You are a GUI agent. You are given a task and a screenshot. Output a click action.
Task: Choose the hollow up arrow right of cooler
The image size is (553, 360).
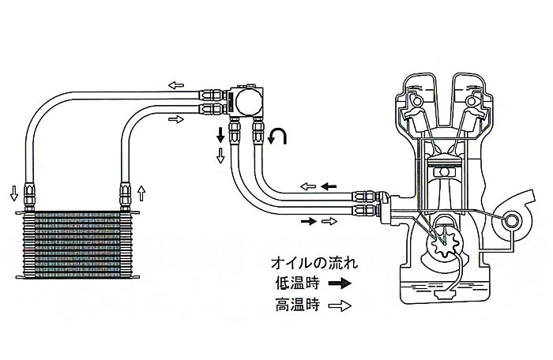tap(141, 192)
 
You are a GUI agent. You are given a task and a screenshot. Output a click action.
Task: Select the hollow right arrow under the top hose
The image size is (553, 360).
tap(175, 120)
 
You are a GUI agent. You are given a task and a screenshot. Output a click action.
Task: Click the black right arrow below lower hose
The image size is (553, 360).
tap(307, 222)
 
